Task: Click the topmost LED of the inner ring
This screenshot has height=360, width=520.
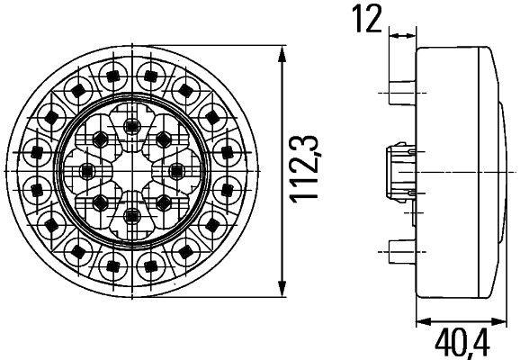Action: pyautogui.click(x=133, y=123)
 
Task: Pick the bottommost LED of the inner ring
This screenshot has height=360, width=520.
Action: pyautogui.click(x=133, y=215)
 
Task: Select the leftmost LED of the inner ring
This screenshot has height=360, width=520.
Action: pyautogui.click(x=87, y=169)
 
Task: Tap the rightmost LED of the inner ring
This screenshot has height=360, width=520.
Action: pyautogui.click(x=179, y=169)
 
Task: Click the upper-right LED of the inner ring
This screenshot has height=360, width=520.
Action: pyautogui.click(x=163, y=138)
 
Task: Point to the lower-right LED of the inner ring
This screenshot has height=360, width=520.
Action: pyautogui.click(x=163, y=200)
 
